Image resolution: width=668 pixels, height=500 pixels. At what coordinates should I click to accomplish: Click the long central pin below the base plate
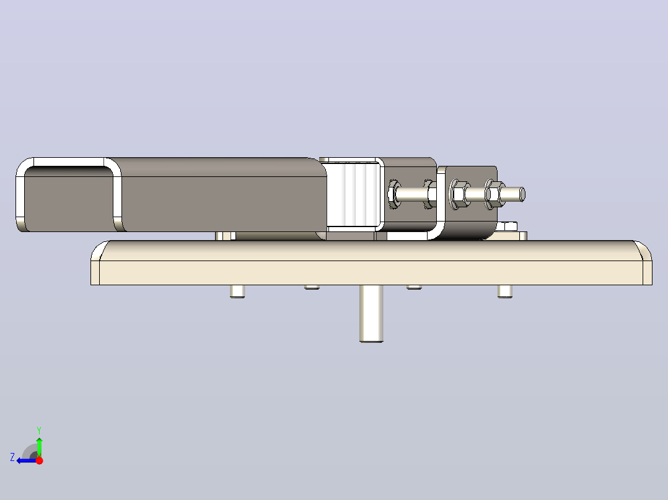click(x=371, y=314)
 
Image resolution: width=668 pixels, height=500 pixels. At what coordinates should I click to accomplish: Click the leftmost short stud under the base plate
click(x=237, y=291)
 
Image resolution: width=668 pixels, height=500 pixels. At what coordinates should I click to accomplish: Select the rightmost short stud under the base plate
click(x=505, y=291)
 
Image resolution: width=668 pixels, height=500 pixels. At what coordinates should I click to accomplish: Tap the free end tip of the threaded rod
click(x=524, y=194)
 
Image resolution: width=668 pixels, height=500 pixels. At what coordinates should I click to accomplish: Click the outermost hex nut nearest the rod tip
click(x=494, y=194)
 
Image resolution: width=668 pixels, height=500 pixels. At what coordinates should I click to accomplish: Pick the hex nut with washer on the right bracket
click(x=460, y=194)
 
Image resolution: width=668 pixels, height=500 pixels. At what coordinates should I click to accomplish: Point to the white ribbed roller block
click(x=353, y=194)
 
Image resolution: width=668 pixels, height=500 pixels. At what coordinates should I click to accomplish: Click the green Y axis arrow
click(x=39, y=447)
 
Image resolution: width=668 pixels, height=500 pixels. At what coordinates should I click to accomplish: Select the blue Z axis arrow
click(x=27, y=460)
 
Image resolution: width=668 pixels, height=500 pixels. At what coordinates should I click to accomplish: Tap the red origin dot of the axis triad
click(x=40, y=460)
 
